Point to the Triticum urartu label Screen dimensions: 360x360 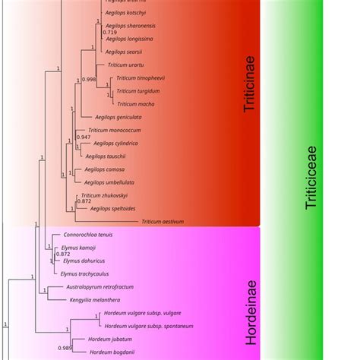click(x=125, y=65)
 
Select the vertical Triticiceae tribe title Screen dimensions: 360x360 click(x=312, y=180)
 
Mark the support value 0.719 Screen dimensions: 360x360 click(x=111, y=33)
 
